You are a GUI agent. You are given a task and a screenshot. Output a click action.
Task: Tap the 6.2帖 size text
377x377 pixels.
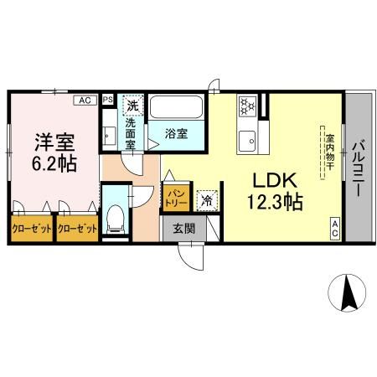(55, 163)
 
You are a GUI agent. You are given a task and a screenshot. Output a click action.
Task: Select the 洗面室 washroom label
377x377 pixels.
(131, 133)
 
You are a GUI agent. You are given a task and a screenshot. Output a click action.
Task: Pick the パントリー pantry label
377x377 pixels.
(175, 198)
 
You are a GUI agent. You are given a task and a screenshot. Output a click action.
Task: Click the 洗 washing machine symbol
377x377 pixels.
(132, 106)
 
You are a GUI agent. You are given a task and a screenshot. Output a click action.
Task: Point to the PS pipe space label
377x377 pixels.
(107, 100)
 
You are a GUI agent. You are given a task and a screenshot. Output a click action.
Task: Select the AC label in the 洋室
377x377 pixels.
(85, 100)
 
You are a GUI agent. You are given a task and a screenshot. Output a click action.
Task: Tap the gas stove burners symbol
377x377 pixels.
(247, 106)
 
